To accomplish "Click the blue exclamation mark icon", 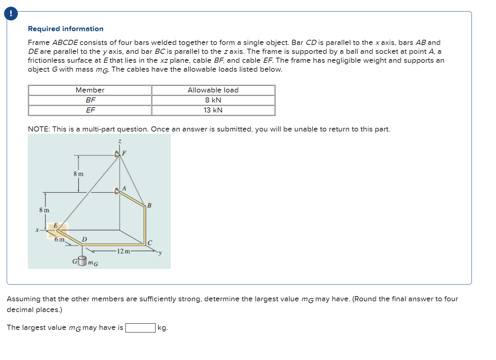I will (11, 14).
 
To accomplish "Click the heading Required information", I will (66, 29).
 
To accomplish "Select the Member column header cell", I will (90, 90).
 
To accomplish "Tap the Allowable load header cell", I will (213, 90).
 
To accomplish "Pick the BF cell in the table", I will (90, 100).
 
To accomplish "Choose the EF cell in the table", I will (90, 110).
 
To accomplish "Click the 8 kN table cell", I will (213, 100).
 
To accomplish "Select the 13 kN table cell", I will (213, 110).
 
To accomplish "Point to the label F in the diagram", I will (124, 153).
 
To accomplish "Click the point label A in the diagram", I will (124, 189).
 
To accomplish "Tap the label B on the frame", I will (149, 205).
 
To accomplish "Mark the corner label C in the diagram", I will (150, 243).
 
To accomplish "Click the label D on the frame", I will (84, 239).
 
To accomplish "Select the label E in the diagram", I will (55, 225).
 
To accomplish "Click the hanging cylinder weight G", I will (82, 261).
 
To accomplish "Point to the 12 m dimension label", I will (123, 252).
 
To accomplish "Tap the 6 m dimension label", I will (59, 240).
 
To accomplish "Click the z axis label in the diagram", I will (120, 141).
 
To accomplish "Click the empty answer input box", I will (140, 328).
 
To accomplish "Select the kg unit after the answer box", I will (163, 328).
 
